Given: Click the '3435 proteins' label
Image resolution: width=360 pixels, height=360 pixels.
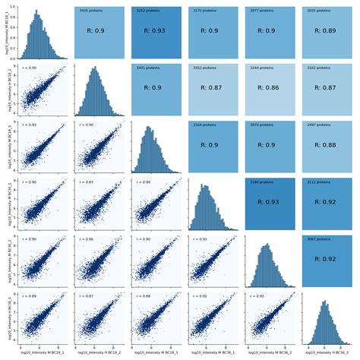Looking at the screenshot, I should (x=90, y=11).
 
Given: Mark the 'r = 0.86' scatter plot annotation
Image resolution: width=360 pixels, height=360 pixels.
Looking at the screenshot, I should (x=84, y=239).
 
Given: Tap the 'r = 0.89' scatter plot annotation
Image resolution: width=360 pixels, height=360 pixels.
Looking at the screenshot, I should (x=27, y=296).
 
